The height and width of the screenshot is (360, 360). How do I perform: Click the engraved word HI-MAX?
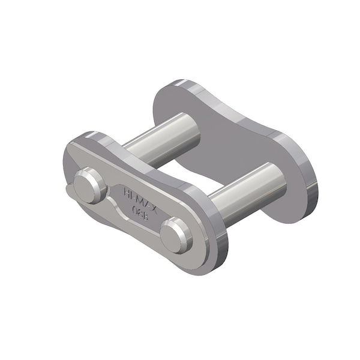click(137, 199)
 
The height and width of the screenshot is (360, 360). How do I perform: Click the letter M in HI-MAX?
click(137, 199)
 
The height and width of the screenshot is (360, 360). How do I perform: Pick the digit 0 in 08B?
click(133, 209)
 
